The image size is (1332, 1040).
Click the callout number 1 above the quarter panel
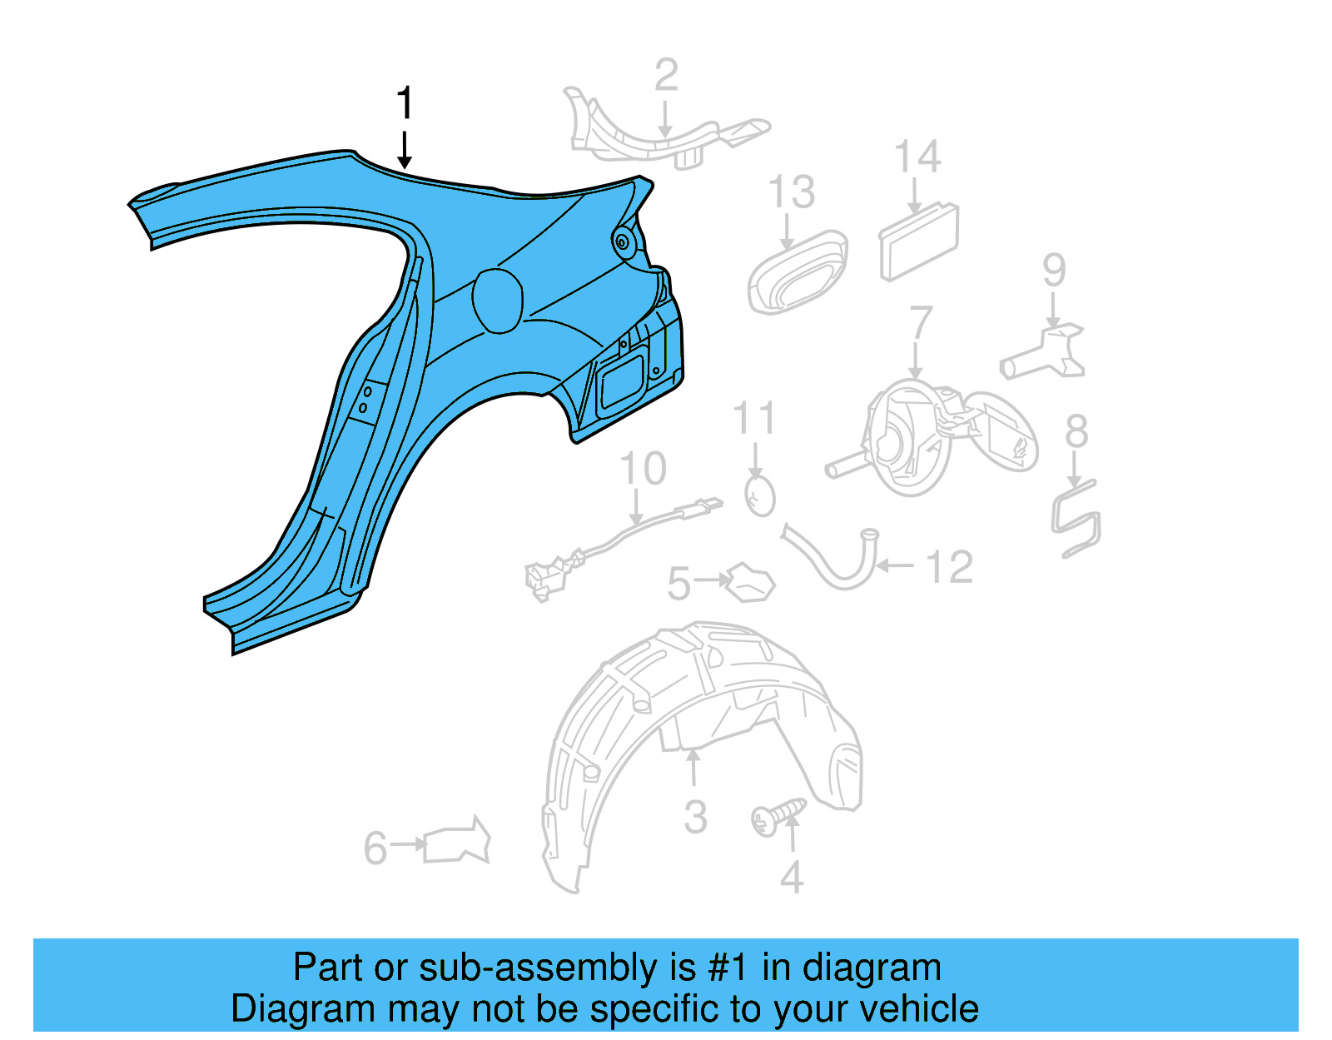pos(405,104)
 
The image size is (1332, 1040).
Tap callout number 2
pos(666,75)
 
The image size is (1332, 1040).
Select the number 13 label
pos(791,193)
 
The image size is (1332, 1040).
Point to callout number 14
pos(917,157)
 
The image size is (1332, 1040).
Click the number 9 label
pos(1054,271)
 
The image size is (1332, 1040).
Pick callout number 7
pos(921,323)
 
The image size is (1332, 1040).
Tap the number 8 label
pos(1076,432)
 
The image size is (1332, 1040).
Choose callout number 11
pos(754,419)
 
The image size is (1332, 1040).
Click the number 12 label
pos(949,568)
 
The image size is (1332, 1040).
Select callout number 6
pos(375,848)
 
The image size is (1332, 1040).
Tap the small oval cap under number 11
pos(759,497)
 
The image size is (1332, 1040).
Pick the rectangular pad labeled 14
pos(919,242)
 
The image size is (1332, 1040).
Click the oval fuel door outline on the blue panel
pos(498,301)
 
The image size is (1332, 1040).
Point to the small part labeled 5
pos(751,582)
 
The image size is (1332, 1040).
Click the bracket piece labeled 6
pos(457,842)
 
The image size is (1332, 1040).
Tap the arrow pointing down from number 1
pos(405,150)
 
